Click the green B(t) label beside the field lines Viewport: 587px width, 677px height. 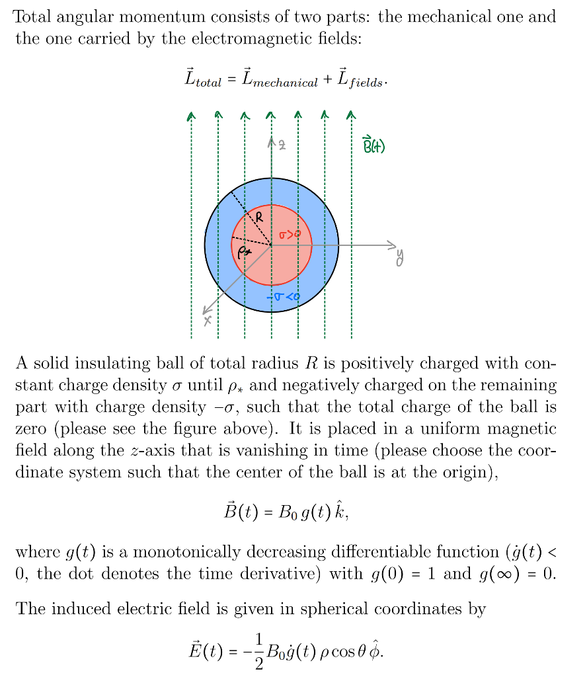pyautogui.click(x=373, y=145)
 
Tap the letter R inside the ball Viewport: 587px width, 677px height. pyautogui.click(x=260, y=216)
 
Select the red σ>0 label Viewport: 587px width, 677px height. pyautogui.click(x=289, y=234)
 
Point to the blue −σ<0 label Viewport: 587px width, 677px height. pyautogui.click(x=283, y=298)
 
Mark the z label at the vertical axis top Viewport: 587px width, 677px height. pyautogui.click(x=282, y=143)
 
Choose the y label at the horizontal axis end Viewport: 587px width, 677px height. pyautogui.click(x=399, y=257)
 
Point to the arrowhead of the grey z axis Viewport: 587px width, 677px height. pyautogui.click(x=271, y=139)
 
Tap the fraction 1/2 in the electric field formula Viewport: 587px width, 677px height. pyautogui.click(x=258, y=651)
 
